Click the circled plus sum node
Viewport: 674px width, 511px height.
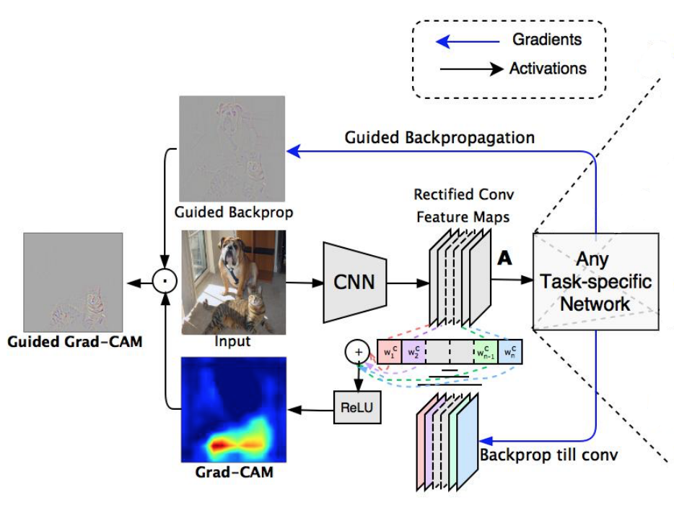(356, 352)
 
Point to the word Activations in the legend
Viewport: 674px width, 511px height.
(548, 69)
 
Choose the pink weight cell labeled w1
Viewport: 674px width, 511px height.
(389, 352)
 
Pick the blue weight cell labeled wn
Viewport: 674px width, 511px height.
(509, 352)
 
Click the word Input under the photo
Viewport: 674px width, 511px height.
(232, 340)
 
